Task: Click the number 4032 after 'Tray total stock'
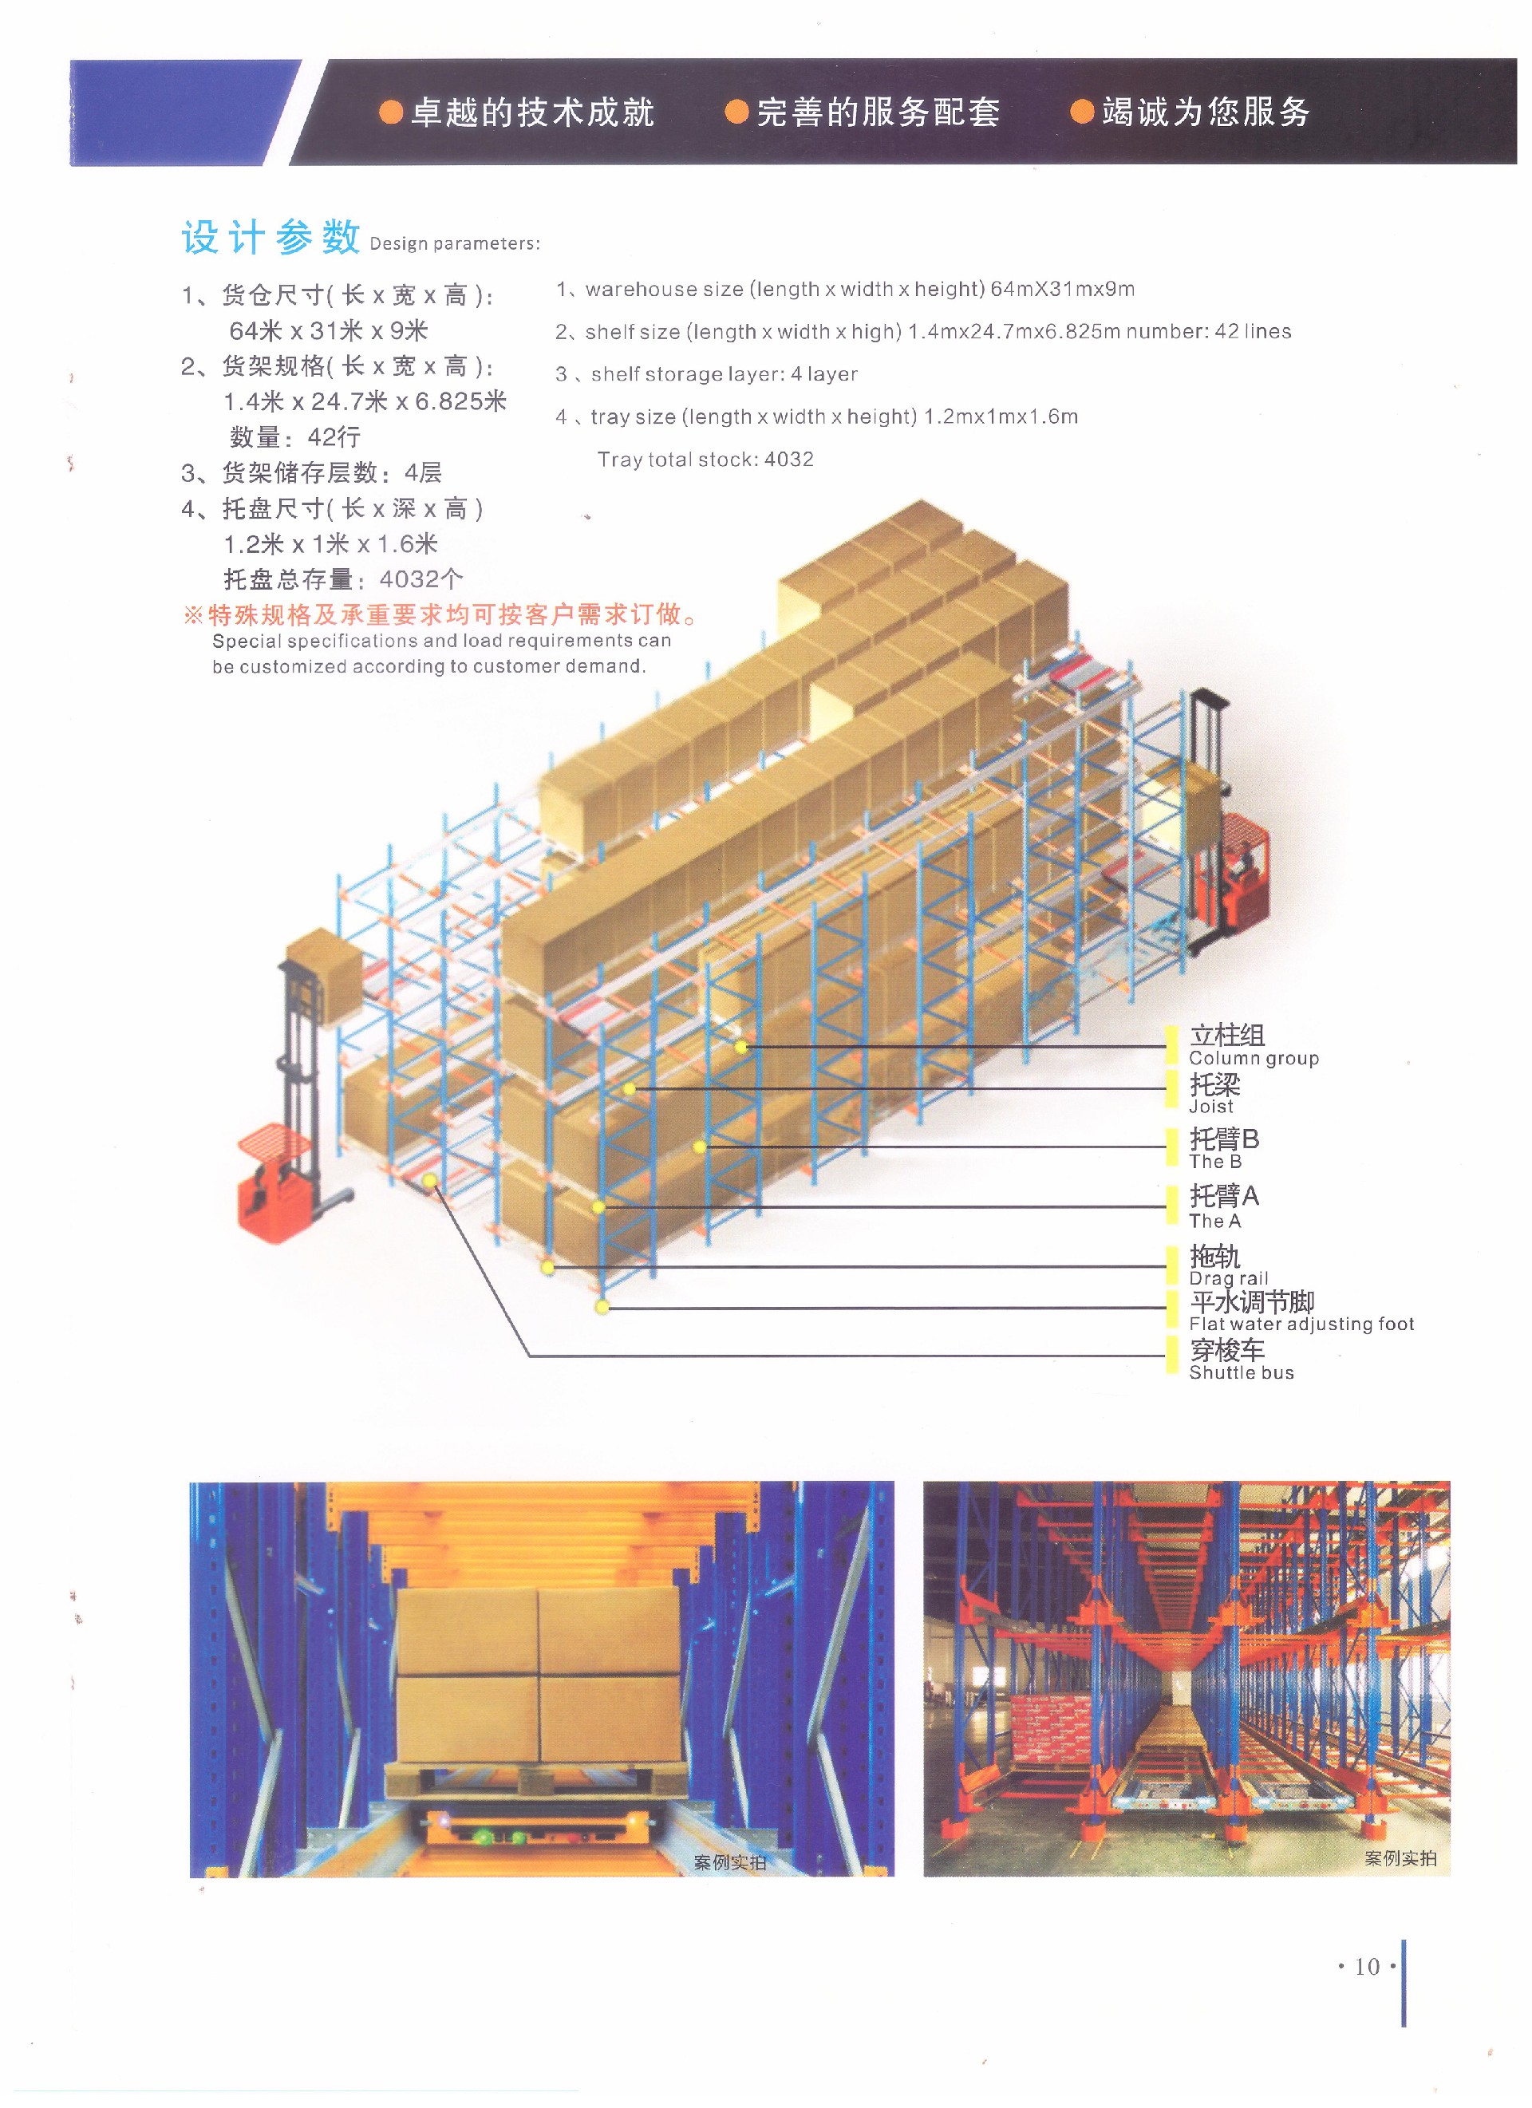(x=788, y=459)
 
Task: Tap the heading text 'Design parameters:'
(x=454, y=243)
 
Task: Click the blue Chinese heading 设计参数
(x=270, y=237)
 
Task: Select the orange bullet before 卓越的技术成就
(x=391, y=113)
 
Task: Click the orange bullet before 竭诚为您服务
(x=1081, y=113)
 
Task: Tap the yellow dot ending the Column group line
(x=741, y=1048)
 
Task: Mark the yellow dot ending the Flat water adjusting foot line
(x=602, y=1308)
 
